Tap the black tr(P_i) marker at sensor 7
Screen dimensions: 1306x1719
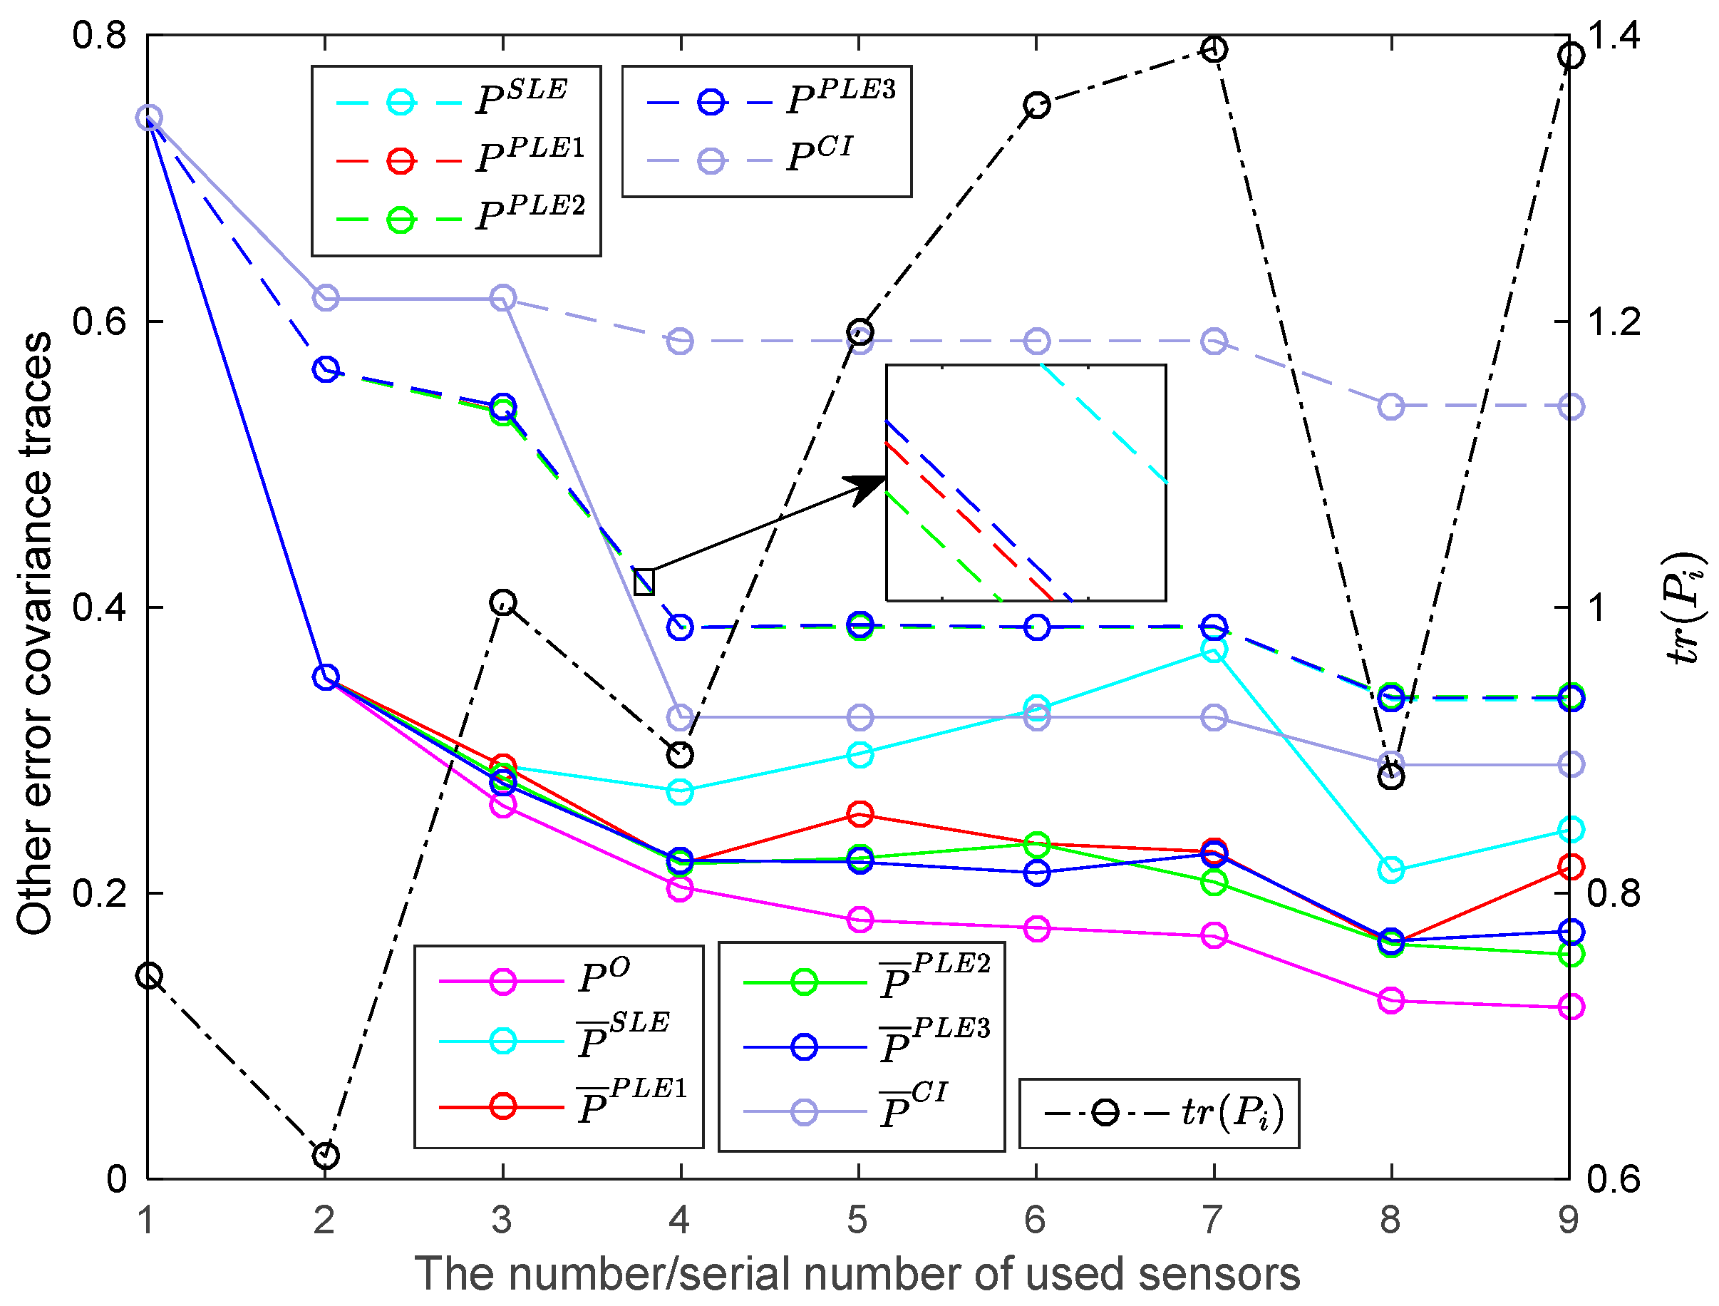click(1214, 50)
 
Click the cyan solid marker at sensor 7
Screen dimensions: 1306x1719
click(1214, 649)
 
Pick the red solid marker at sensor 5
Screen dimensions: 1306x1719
click(859, 814)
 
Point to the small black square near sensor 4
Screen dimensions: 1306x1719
click(644, 582)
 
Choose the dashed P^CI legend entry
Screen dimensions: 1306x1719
click(750, 160)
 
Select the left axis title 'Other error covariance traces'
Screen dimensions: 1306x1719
click(34, 634)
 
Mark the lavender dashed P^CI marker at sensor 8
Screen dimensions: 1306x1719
click(1391, 406)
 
